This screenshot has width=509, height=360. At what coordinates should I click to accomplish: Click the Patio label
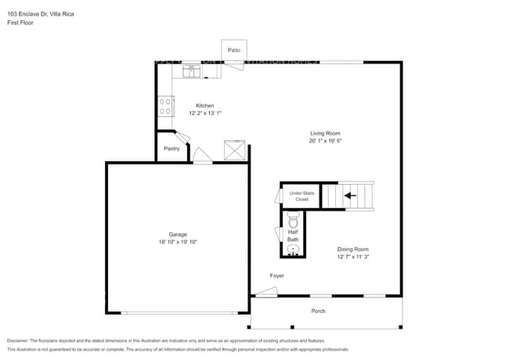234,50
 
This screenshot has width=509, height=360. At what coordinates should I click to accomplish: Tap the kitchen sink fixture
193,71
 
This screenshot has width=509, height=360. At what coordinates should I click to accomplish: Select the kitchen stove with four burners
165,106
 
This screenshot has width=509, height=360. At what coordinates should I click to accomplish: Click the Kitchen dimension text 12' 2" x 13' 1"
205,113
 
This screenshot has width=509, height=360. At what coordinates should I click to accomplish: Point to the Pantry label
171,148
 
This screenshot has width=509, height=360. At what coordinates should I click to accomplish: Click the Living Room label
324,133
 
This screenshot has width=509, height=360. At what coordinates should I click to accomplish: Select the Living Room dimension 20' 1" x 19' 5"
324,141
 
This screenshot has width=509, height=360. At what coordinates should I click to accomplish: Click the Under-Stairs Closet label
301,196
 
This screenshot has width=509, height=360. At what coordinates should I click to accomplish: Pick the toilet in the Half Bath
294,222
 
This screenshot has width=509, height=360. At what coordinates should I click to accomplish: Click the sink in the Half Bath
294,250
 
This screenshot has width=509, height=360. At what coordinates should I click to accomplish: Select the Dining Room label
352,249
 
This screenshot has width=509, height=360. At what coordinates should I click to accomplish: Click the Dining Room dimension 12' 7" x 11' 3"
352,257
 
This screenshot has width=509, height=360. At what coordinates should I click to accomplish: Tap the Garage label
178,234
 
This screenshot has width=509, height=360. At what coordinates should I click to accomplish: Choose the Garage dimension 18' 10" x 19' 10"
178,242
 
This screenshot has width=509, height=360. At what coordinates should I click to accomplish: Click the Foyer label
277,275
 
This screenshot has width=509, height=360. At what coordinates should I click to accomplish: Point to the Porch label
318,311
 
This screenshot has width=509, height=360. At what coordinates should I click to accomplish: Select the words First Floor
20,23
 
